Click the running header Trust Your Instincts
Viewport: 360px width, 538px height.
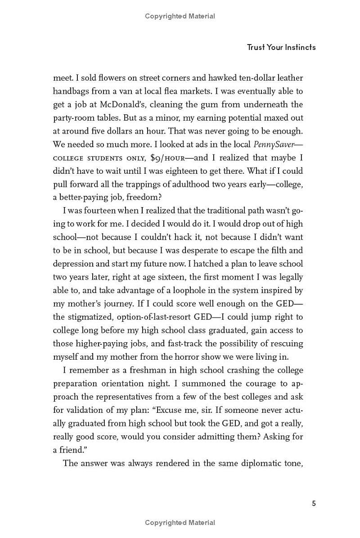[x=281, y=47]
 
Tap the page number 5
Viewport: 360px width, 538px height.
[x=314, y=503]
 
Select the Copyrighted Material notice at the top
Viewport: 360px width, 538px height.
[x=180, y=16]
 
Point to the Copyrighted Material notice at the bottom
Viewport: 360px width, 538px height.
[x=180, y=523]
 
